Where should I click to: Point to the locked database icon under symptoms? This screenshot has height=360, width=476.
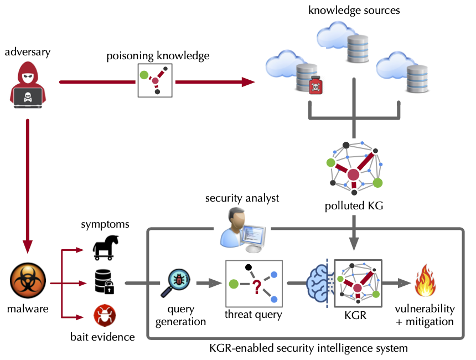104,281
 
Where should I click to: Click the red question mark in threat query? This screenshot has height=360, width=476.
256,287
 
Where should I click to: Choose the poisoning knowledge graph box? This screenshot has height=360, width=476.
154,81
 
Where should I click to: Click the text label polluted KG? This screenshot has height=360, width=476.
353,207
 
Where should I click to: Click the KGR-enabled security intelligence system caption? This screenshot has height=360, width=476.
308,348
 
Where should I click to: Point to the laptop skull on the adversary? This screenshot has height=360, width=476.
27,96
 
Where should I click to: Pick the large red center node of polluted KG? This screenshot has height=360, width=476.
353,175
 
